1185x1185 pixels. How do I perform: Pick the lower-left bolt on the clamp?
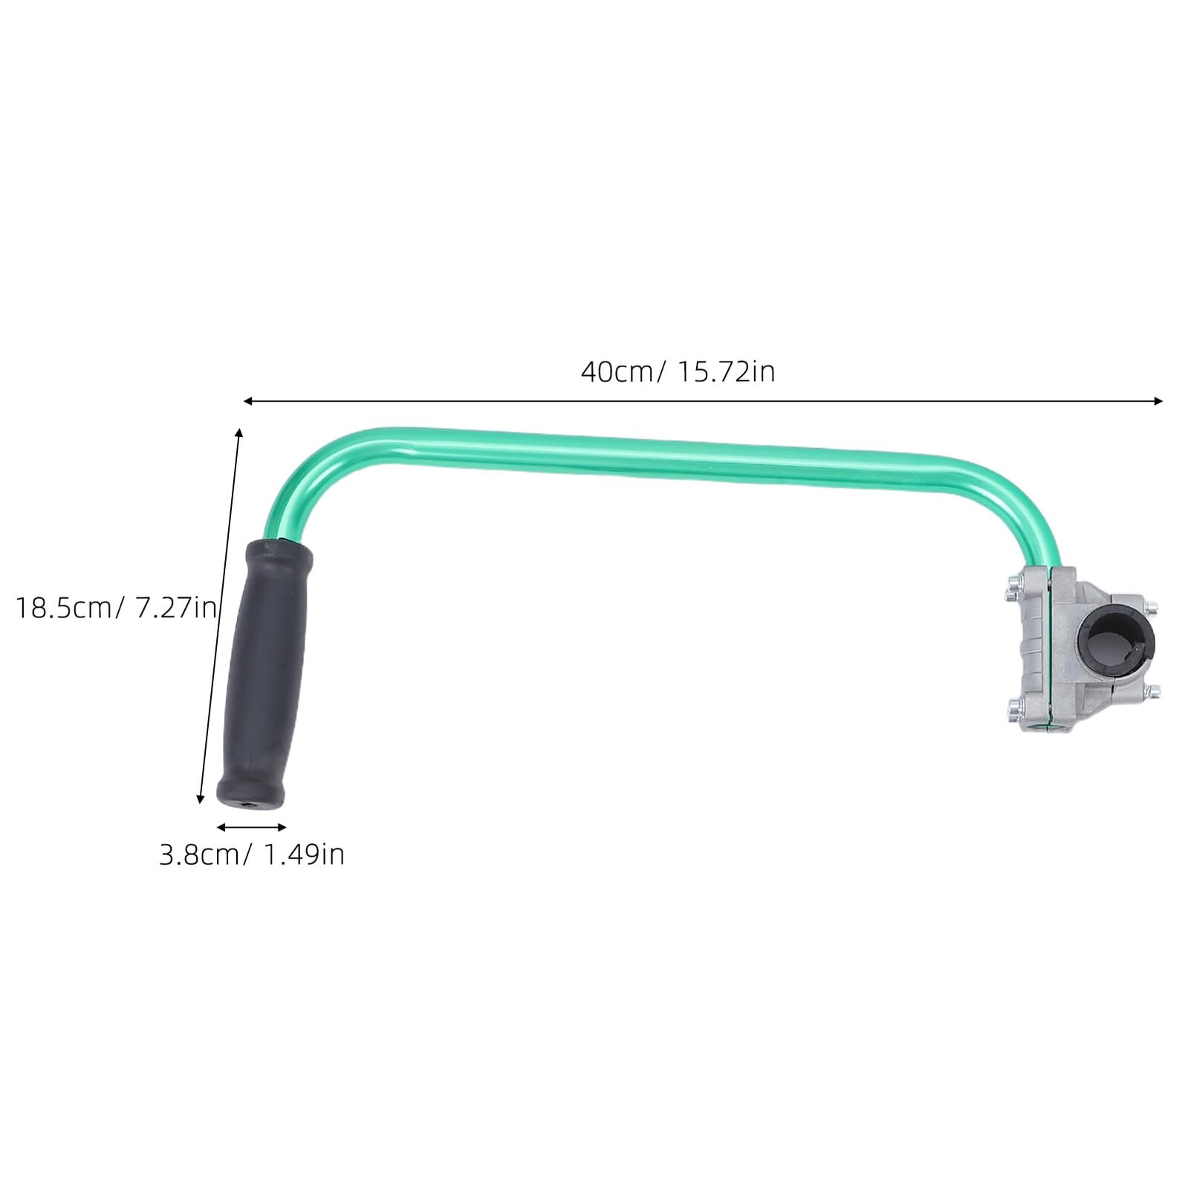(1015, 705)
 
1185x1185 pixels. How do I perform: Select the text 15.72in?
(725, 371)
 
